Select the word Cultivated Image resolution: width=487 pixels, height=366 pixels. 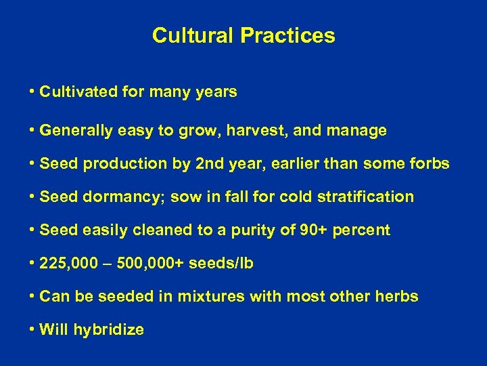click(x=76, y=91)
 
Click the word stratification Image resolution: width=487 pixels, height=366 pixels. click(x=369, y=197)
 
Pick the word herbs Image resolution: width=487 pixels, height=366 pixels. click(x=398, y=297)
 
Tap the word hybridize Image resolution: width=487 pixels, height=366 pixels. click(x=109, y=330)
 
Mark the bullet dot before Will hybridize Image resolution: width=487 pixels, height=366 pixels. click(x=32, y=330)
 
